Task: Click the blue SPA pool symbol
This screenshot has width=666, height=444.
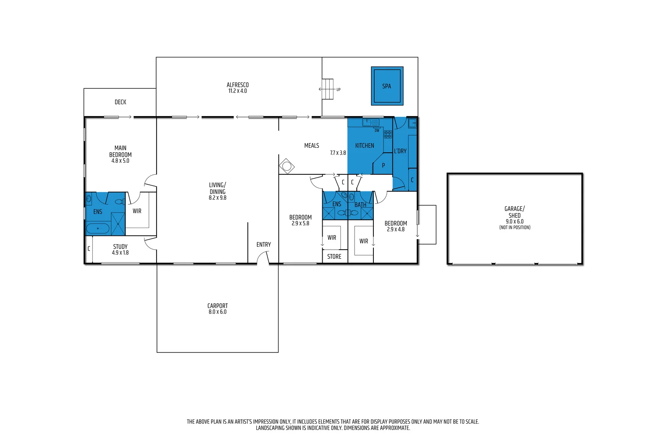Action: click(x=387, y=86)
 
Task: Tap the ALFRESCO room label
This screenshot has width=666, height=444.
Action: click(x=238, y=85)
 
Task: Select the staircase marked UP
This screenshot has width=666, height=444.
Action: click(x=328, y=89)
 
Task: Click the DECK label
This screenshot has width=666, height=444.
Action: click(x=120, y=102)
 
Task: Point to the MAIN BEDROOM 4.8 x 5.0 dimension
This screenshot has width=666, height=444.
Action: click(x=120, y=161)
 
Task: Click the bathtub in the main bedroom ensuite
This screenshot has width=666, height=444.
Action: click(x=98, y=228)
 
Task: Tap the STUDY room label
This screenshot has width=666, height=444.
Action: click(x=120, y=246)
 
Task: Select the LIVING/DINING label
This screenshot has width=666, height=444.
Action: click(x=217, y=188)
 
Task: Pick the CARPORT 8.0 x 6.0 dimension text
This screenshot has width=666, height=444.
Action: click(x=217, y=312)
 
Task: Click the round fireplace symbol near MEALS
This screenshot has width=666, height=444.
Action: click(x=286, y=166)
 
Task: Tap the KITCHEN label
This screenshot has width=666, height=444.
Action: click(x=365, y=146)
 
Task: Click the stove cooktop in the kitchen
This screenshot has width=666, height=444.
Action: click(x=388, y=134)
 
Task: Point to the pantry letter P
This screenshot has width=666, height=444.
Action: click(x=383, y=165)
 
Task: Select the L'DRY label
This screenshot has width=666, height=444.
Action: click(x=400, y=151)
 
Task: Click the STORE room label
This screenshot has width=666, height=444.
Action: click(x=334, y=256)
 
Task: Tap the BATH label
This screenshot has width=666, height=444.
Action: click(x=360, y=205)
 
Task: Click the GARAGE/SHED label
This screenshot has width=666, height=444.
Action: click(x=514, y=212)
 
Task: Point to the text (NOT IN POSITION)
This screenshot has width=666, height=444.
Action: click(x=514, y=227)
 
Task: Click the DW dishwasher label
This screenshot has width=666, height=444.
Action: click(x=377, y=131)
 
